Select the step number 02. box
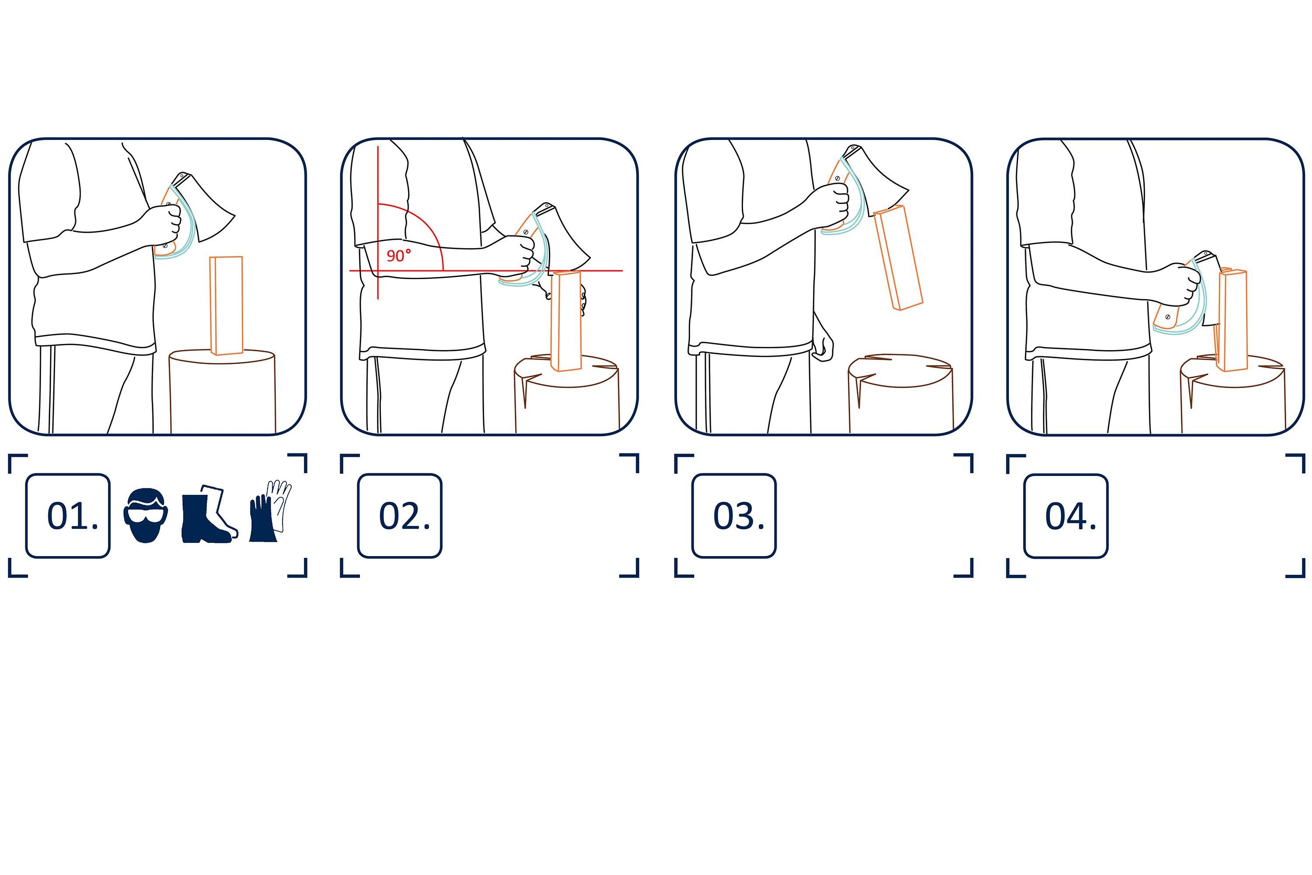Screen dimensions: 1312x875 point(399,516)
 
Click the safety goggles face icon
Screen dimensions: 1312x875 point(146,515)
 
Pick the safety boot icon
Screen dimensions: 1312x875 point(209,513)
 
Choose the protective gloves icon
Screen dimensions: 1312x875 point(270,511)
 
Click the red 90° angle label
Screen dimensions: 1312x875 point(399,255)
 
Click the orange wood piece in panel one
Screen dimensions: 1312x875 point(227,305)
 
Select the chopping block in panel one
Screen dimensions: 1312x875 point(222,391)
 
